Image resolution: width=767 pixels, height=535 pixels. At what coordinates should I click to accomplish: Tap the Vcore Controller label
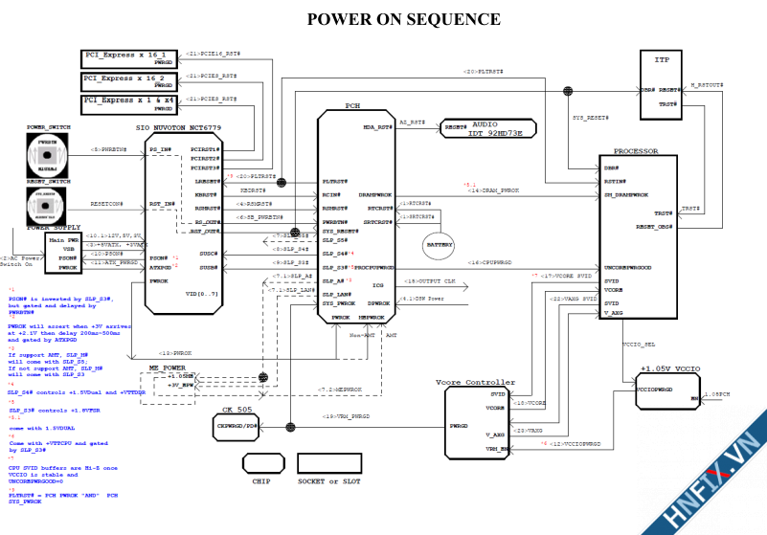pos(475,383)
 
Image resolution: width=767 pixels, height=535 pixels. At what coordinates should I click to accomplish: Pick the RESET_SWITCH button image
pos(45,205)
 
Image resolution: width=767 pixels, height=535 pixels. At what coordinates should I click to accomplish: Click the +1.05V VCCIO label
pos(669,367)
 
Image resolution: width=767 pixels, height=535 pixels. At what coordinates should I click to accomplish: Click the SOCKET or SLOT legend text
pos(328,480)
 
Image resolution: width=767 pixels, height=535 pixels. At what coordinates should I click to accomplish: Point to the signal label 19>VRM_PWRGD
pos(347,416)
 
